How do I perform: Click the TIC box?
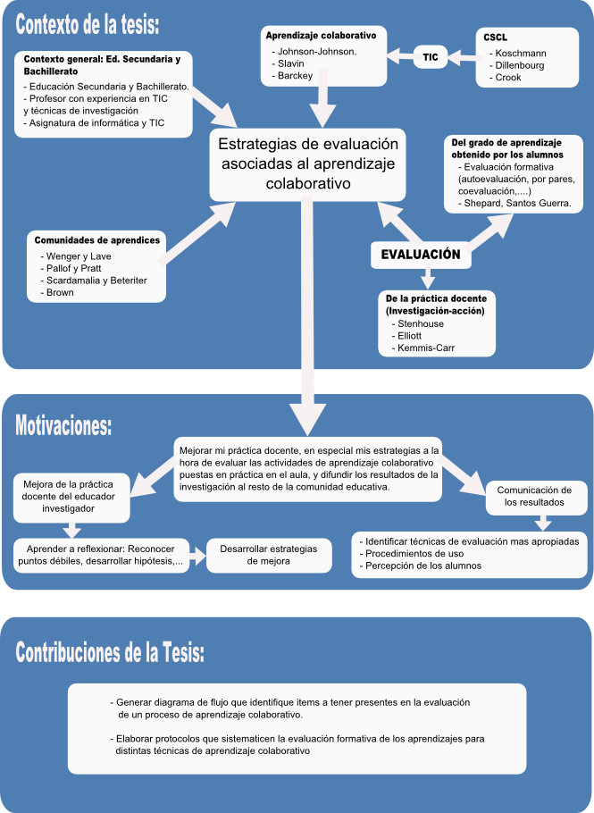click(431, 57)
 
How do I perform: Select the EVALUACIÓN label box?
click(421, 255)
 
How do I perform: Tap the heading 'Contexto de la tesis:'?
click(87, 24)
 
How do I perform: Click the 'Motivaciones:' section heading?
click(63, 425)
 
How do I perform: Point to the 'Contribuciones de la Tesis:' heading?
click(110, 652)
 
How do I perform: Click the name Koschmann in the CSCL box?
click(521, 54)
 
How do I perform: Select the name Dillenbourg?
click(519, 65)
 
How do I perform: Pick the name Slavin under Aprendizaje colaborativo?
click(291, 63)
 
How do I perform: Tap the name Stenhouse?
click(421, 324)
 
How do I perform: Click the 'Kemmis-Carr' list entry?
click(425, 348)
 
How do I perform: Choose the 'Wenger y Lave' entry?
click(79, 256)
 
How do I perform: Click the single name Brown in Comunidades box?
click(60, 292)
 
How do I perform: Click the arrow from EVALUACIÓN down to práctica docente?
click(427, 277)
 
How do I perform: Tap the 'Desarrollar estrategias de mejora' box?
click(269, 556)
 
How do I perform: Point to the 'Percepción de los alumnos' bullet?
click(423, 566)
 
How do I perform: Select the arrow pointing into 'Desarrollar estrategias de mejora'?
click(197, 556)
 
